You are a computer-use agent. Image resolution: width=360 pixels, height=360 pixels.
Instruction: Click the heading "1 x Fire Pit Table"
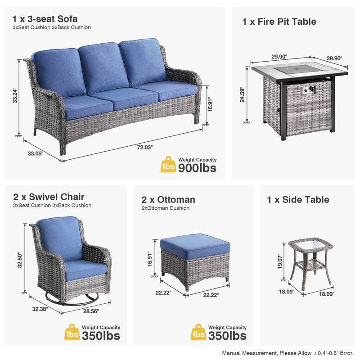[279, 22]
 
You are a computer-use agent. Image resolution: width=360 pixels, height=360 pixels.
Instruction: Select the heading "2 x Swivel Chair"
[49, 197]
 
